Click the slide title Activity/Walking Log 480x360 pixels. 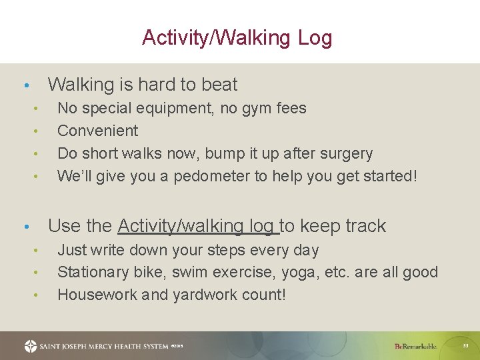[237, 38]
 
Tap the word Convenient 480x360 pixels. [97, 131]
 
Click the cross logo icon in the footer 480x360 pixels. [31, 346]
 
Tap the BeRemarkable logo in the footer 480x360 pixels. [415, 347]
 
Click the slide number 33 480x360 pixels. [466, 346]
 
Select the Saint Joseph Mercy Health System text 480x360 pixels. [104, 347]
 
